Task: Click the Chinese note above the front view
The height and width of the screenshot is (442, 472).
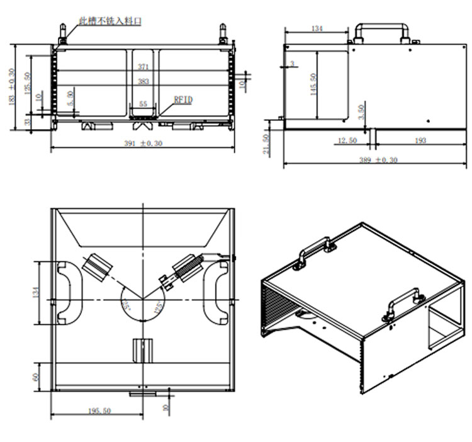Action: click(110, 21)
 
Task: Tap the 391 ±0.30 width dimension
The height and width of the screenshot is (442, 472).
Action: click(143, 144)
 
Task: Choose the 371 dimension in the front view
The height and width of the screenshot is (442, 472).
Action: click(143, 66)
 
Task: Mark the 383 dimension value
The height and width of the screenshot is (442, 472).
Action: click(143, 81)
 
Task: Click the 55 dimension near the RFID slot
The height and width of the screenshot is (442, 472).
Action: click(143, 104)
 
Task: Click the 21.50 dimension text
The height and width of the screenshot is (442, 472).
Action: click(267, 145)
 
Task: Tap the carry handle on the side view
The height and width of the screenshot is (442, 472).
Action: click(381, 30)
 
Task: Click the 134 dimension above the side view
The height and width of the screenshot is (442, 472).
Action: click(317, 28)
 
